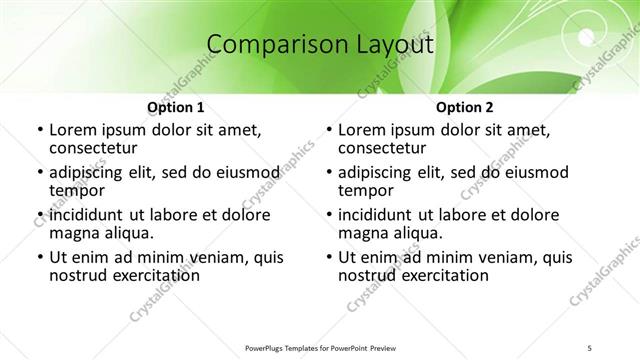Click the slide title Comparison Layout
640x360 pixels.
point(320,45)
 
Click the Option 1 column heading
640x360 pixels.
point(176,107)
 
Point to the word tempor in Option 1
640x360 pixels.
point(78,190)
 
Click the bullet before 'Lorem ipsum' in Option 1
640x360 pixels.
point(39,130)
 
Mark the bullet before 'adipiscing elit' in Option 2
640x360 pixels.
point(328,173)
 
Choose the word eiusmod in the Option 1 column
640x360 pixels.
point(243,172)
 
